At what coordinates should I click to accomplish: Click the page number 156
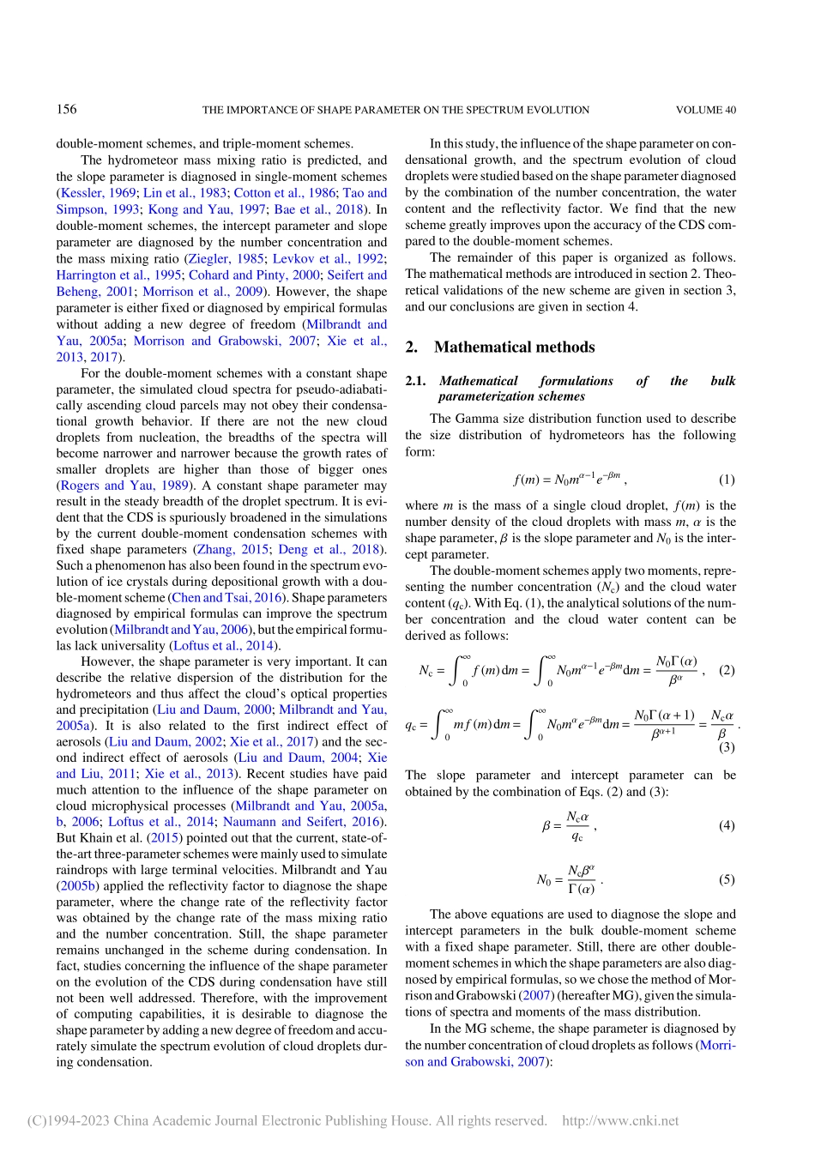tap(66, 109)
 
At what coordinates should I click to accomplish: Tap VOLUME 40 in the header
tap(705, 110)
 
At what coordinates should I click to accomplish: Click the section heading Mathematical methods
tap(514, 347)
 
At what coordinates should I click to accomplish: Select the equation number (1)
tap(726, 480)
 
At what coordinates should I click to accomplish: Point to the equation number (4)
tap(726, 825)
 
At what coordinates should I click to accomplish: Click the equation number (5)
tap(726, 879)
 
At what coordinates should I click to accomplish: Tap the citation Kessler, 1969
tap(98, 193)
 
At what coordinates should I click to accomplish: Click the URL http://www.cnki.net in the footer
tap(619, 1120)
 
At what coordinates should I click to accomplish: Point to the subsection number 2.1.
tap(415, 381)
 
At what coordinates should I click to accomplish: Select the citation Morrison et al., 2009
tap(202, 292)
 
